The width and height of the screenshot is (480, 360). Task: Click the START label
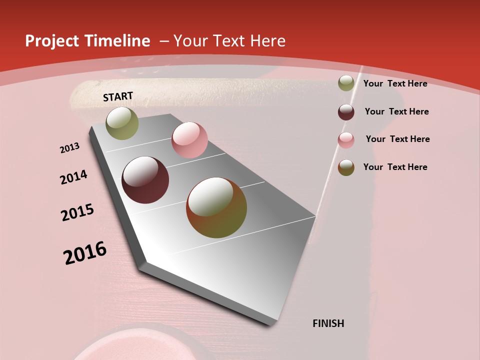(118, 96)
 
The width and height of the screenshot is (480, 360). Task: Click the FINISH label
(328, 323)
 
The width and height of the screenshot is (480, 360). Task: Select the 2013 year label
(69, 148)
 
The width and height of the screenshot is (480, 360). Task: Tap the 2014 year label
(73, 177)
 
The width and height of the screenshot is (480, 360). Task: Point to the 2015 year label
(77, 212)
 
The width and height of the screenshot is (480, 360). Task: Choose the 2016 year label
(85, 253)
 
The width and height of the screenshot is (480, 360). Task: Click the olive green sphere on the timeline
(122, 123)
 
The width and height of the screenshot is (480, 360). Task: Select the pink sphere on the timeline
(189, 140)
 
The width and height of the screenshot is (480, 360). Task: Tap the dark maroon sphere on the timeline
(145, 180)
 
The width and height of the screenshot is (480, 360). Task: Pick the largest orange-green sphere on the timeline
(216, 207)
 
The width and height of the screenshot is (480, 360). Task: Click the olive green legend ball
(346, 83)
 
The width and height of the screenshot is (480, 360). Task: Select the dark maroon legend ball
(346, 111)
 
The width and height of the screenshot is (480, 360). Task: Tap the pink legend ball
(346, 139)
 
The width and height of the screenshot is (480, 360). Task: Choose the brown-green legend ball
(346, 167)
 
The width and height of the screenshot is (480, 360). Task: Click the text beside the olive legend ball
(395, 83)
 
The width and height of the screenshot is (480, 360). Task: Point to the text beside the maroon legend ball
(396, 111)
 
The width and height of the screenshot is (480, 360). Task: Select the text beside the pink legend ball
(397, 139)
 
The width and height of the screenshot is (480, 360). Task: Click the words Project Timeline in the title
(87, 41)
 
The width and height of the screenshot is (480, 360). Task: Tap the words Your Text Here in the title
(229, 41)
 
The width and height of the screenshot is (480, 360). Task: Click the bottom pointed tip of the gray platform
(270, 324)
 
